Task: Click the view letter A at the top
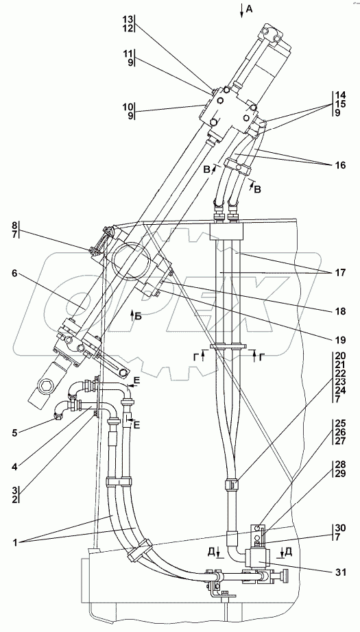point(249,10)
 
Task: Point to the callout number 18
point(341,311)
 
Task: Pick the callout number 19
point(341,340)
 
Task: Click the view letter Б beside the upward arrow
point(138,317)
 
